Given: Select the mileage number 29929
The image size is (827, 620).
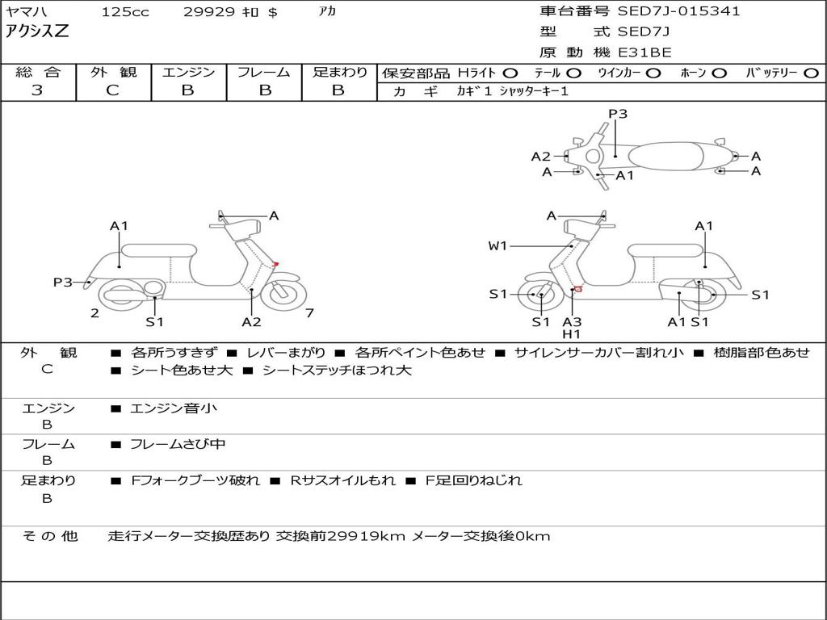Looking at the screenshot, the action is (209, 12).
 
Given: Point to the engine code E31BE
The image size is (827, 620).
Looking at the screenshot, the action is (644, 52).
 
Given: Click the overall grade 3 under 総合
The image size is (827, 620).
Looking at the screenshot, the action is (37, 90).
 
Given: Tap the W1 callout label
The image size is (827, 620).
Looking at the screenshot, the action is (497, 246).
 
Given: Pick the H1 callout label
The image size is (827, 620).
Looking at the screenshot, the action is (572, 333).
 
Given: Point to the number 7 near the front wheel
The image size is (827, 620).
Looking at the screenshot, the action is (309, 312).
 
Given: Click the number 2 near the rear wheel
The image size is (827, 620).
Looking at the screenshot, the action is (94, 313).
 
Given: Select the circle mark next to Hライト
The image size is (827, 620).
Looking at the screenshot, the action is (510, 73).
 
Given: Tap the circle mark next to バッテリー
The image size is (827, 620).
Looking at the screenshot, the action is (812, 73).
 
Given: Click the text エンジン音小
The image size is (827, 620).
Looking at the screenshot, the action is (174, 408).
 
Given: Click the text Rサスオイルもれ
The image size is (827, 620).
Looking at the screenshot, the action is (342, 480).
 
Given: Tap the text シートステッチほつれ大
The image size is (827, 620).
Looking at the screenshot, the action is (337, 371).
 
